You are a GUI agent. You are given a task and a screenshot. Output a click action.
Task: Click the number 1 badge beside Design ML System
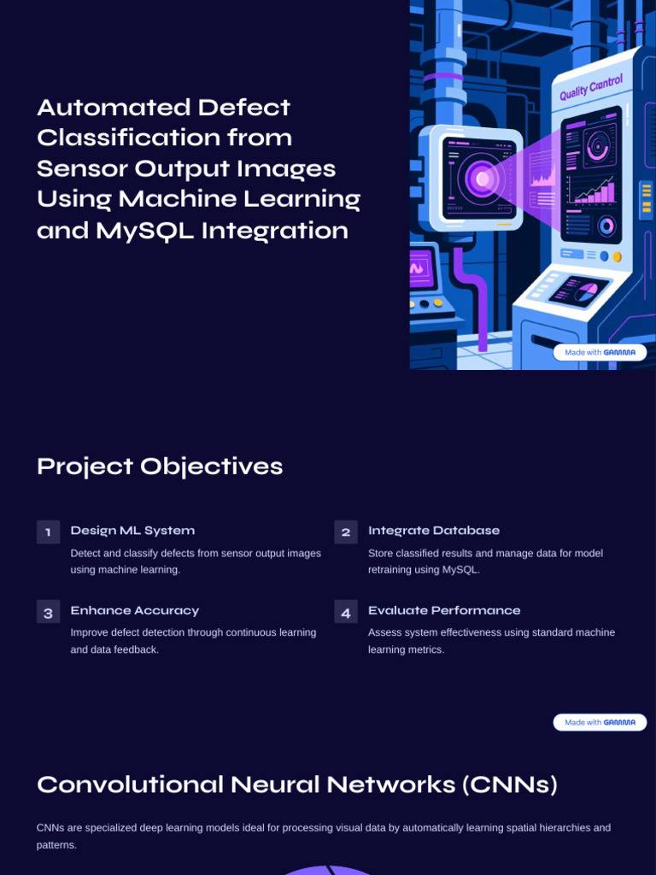[x=48, y=531]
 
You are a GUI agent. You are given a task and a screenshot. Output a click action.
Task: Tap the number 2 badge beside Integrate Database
[x=346, y=531]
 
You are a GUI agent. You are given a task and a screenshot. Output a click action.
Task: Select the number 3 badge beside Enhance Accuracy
[x=48, y=612]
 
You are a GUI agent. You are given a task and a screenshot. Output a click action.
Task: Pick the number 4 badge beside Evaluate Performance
[x=346, y=612]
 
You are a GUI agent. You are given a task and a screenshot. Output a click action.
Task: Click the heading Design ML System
[x=132, y=531]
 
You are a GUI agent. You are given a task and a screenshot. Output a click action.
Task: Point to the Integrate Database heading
[x=434, y=531]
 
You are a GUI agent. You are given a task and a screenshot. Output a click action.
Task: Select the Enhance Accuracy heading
[x=134, y=610]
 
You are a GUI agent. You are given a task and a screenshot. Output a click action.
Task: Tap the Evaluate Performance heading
[x=444, y=610]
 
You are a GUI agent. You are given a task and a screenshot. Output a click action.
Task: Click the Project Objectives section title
[x=160, y=467]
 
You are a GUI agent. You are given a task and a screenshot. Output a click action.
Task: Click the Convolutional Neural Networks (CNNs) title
[x=296, y=784]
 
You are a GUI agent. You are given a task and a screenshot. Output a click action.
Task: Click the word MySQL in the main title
[x=145, y=231]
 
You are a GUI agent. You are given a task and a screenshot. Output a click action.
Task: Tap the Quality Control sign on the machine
[x=591, y=88]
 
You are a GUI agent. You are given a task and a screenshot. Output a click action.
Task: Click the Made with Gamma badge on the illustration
[x=600, y=352]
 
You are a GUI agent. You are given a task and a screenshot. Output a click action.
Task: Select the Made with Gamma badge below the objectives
[x=600, y=722]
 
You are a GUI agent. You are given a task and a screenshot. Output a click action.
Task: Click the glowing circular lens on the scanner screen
[x=482, y=179]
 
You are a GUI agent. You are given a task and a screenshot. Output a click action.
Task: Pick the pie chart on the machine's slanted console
[x=586, y=292]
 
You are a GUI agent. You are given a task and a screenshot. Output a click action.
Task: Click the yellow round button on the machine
[x=617, y=256]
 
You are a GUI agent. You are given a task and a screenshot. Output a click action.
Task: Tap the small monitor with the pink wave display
[x=421, y=267]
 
